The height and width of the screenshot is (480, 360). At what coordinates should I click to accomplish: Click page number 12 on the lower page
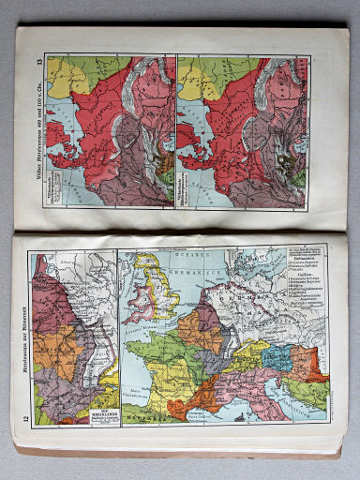(21, 410)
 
